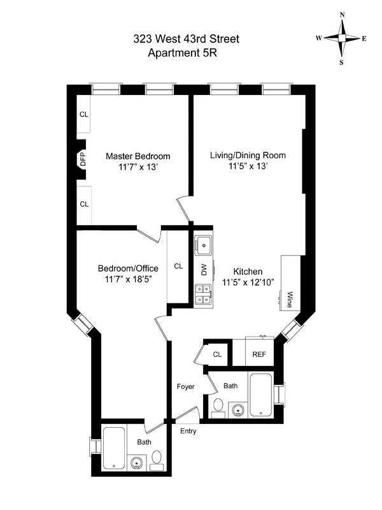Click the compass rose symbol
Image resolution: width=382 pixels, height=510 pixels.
[x=341, y=38]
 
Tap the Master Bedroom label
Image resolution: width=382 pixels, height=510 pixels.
[x=138, y=156]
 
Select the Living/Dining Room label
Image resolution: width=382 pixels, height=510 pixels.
[x=248, y=155]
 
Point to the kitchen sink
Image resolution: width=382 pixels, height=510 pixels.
[x=204, y=244]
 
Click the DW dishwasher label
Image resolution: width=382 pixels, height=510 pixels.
[x=204, y=270]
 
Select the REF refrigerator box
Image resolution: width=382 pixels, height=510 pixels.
[x=259, y=354]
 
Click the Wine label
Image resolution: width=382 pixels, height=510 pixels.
[x=290, y=298]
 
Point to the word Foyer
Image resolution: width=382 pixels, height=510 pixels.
[x=185, y=386]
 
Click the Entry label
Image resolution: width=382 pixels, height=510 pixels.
[x=188, y=432]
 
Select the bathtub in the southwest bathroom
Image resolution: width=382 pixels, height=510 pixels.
[x=114, y=448]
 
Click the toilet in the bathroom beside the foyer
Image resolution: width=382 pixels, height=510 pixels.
[x=217, y=406]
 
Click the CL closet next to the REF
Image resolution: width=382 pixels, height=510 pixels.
[x=217, y=354]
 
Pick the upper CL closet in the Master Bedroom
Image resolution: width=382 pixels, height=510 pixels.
[x=83, y=115]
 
